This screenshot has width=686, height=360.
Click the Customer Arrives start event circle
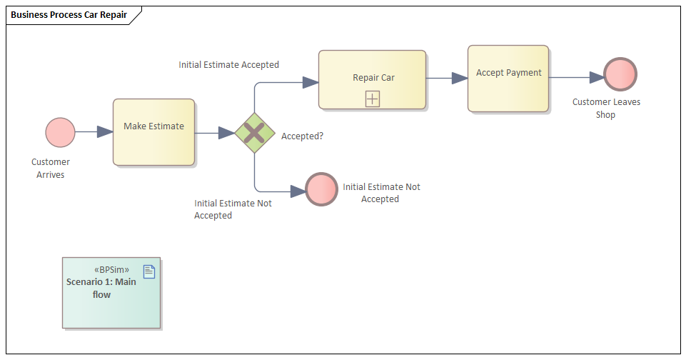pos(60,132)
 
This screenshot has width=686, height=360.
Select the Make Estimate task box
pos(153,132)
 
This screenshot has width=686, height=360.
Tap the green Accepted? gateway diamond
pos(255,132)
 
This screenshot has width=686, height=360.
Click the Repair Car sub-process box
pos(372,79)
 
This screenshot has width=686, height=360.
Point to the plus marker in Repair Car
pos(373,99)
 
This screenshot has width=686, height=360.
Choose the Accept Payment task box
pos(508,79)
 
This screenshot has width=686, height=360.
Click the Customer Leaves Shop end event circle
pos(620,74)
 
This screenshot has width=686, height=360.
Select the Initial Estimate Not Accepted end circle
pos(321,189)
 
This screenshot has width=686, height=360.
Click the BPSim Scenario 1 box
pos(111,293)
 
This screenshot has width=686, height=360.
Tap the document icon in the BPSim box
pos(149,271)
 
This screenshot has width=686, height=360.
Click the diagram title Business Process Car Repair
pos(69,14)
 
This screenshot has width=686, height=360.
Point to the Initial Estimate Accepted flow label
pos(228,64)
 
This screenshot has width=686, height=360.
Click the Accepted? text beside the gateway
pos(302,136)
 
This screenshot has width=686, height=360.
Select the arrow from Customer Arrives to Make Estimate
pos(94,132)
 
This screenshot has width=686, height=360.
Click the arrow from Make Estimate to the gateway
pos(215,133)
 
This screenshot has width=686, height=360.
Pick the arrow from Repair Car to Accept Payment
pos(447,78)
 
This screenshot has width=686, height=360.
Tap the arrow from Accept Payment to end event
pos(576,77)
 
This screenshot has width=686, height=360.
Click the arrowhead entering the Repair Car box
pos(311,82)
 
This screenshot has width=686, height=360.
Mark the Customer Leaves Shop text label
pos(606,108)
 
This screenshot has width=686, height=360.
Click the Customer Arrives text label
pos(51,168)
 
